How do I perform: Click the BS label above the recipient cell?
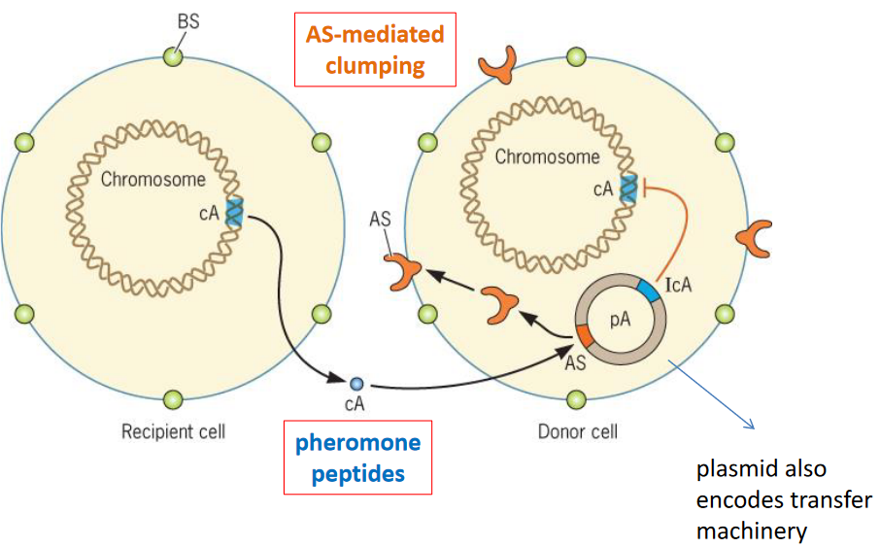pos(188,20)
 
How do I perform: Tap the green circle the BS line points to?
pos(173,56)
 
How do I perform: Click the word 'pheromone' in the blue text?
pos(358,443)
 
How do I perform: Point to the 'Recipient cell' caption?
pos(173,430)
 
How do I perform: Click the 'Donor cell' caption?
pos(577,430)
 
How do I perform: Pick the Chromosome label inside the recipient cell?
pos(153,179)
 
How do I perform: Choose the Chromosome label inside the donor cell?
pos(548,155)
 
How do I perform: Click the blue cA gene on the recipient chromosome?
pos(234,212)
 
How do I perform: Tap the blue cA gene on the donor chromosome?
pos(629,188)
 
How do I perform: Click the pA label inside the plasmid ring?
pos(620,322)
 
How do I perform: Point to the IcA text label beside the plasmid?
pos(679,286)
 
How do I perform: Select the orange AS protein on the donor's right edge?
pos(754,236)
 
